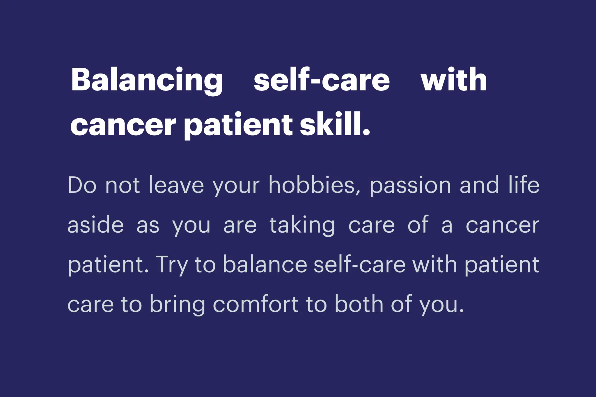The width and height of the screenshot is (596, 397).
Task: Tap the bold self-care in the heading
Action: tap(322, 79)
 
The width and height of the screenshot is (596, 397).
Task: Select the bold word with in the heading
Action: tap(454, 79)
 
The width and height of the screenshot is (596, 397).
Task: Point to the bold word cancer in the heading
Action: tap(123, 125)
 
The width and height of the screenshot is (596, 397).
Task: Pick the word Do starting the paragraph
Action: tap(82, 185)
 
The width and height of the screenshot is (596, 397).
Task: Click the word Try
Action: tap(171, 265)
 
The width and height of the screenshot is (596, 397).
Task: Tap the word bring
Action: tap(178, 305)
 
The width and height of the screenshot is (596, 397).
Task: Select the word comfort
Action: tap(256, 304)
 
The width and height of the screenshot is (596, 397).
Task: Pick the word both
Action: tap(359, 304)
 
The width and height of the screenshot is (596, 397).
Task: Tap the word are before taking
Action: tap(240, 226)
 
